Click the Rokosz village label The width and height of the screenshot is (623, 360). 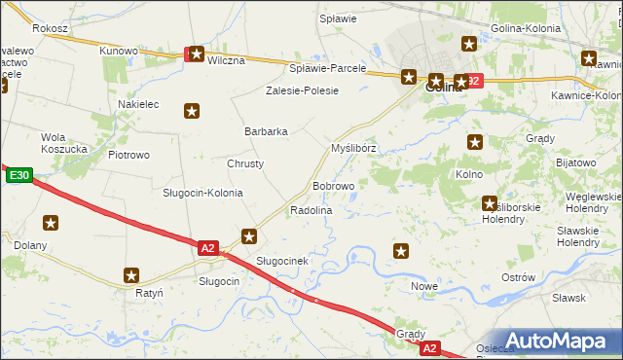tap(50, 29)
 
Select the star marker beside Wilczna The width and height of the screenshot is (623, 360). tap(197, 55)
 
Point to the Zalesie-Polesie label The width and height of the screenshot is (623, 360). tap(303, 90)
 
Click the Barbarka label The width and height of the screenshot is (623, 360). tap(266, 131)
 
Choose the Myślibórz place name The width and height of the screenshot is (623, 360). tap(353, 148)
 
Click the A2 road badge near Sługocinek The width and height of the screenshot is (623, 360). tap(207, 248)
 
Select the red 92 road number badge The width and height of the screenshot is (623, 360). tap(471, 81)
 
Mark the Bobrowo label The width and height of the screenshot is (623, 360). tap(333, 186)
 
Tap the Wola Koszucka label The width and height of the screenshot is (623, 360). tap(65, 143)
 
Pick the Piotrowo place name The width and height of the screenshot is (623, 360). tap(128, 155)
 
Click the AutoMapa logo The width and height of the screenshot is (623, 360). tap(558, 342)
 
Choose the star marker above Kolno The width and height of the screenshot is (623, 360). tap(475, 141)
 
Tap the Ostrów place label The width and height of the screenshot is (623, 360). tap(518, 277)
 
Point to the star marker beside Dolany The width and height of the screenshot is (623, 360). tap(51, 223)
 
